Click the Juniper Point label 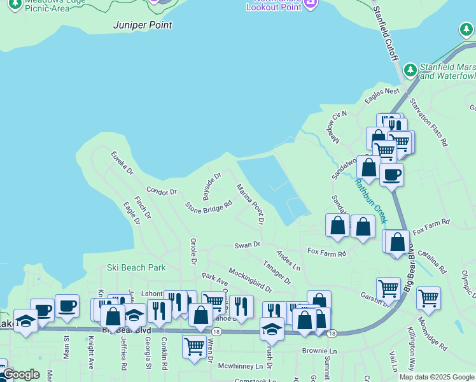[143, 25]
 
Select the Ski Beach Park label [136, 268]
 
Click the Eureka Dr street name [122, 163]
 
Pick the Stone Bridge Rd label [209, 206]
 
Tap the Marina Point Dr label [250, 204]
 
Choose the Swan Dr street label [248, 244]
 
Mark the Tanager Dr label [277, 272]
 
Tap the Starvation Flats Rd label [429, 122]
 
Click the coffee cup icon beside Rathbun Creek [391, 174]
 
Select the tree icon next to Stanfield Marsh [411, 68]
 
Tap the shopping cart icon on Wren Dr [194, 346]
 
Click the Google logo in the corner [20, 374]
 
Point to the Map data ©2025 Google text [437, 377]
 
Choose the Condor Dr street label [161, 190]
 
